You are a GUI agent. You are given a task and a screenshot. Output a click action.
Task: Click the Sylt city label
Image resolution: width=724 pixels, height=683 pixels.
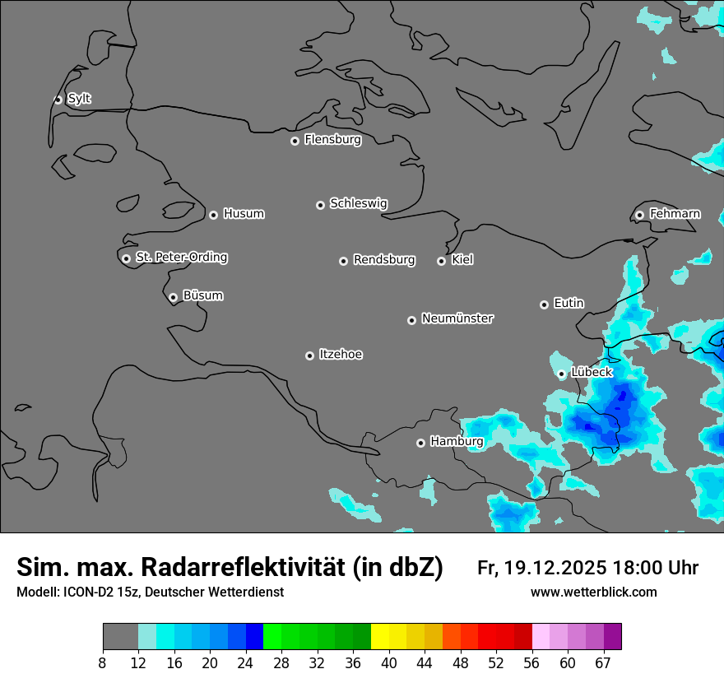tap(79, 99)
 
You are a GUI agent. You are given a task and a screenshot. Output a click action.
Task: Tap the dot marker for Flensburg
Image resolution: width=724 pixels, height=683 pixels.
tap(295, 141)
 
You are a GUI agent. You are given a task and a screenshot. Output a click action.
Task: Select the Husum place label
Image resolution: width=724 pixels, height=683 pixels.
tap(244, 214)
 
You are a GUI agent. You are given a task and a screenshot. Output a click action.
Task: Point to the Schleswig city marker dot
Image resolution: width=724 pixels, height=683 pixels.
tap(320, 205)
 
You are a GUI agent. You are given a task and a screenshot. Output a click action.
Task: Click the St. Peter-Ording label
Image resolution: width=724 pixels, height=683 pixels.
tap(181, 258)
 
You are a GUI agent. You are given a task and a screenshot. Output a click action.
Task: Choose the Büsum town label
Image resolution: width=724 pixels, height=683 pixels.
tap(202, 295)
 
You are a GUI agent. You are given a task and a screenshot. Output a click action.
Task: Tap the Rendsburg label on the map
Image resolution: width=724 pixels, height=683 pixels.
tap(384, 260)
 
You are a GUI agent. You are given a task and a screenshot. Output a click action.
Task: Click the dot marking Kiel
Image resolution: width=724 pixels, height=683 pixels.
tap(441, 261)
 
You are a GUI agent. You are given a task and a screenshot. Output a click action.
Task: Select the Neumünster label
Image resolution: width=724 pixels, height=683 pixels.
tap(457, 318)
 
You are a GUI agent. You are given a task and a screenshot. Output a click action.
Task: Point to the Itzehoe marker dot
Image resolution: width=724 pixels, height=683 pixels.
tap(309, 355)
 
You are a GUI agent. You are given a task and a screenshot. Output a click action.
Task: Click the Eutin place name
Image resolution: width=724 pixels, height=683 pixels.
tap(569, 303)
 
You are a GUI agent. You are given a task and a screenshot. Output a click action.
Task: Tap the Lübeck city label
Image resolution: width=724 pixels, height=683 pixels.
tap(592, 372)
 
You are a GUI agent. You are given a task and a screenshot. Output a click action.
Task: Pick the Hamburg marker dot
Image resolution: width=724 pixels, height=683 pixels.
tap(420, 443)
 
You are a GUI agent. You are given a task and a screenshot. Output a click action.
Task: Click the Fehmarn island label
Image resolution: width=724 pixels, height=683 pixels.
tap(675, 214)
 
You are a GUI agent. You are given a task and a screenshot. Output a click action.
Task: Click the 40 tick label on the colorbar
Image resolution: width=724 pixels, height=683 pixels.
tap(388, 663)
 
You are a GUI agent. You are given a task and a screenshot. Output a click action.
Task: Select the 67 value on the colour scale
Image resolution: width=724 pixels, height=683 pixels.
tap(603, 663)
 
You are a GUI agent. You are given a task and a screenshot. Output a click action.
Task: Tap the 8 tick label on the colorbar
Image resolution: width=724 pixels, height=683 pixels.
tap(103, 663)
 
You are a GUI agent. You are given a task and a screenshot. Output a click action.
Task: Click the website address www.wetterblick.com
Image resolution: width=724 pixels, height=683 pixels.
tap(593, 592)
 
